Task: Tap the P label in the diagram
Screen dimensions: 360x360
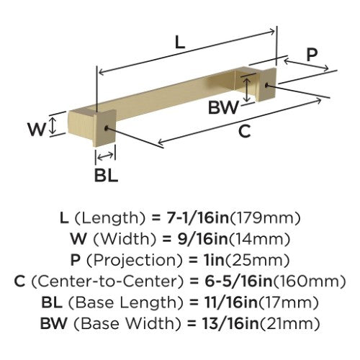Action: pyautogui.click(x=312, y=54)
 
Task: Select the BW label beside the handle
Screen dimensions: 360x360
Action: pyautogui.click(x=223, y=107)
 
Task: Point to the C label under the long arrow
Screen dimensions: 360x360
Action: pyautogui.click(x=244, y=131)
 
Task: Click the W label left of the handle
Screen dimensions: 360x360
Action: pyautogui.click(x=37, y=129)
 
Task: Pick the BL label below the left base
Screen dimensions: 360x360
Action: pyautogui.click(x=106, y=175)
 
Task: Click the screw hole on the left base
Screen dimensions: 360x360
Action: pyautogui.click(x=106, y=128)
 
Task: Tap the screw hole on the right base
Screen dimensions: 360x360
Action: pyautogui.click(x=266, y=85)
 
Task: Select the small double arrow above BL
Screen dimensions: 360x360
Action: pyautogui.click(x=105, y=156)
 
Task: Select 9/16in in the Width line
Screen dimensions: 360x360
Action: pyautogui.click(x=203, y=239)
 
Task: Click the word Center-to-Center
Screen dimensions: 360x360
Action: pyautogui.click(x=107, y=281)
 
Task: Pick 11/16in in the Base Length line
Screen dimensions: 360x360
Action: pyautogui.click(x=230, y=302)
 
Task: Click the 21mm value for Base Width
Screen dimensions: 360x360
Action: pyautogui.click(x=290, y=323)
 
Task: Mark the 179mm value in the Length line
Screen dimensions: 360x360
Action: pyautogui.click(x=265, y=218)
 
